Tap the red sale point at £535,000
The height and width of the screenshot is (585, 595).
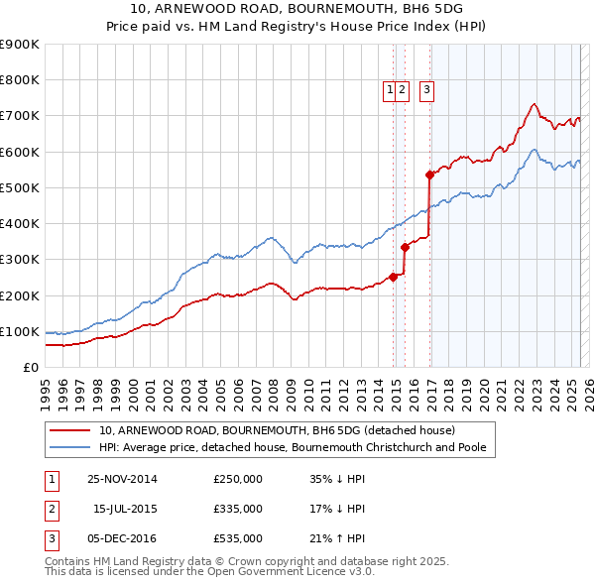[429, 175]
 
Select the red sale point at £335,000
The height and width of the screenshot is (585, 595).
[405, 247]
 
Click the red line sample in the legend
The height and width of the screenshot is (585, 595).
[70, 431]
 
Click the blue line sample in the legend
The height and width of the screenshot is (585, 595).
[70, 448]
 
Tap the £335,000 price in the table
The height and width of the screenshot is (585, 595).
[238, 509]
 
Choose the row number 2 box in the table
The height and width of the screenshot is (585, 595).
[50, 509]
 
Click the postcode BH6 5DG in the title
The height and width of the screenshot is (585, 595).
[419, 8]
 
